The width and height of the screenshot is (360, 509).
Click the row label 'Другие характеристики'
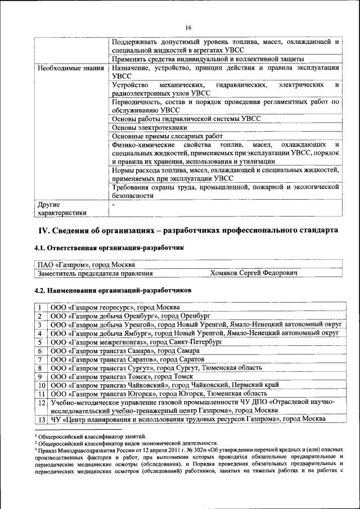[x=62, y=209]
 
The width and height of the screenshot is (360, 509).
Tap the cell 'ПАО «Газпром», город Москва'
[x=85, y=264]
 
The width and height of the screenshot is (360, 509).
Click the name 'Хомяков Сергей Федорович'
[x=253, y=273]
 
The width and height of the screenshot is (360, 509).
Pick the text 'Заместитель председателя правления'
[x=95, y=273]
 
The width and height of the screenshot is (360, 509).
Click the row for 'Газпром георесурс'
[x=115, y=307]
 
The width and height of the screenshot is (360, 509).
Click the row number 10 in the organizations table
[x=41, y=385]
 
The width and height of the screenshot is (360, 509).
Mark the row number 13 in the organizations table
[x=41, y=420]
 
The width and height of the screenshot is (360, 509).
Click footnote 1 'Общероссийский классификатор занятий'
[x=92, y=436]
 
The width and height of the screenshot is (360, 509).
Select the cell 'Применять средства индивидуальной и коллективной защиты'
[x=208, y=59]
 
